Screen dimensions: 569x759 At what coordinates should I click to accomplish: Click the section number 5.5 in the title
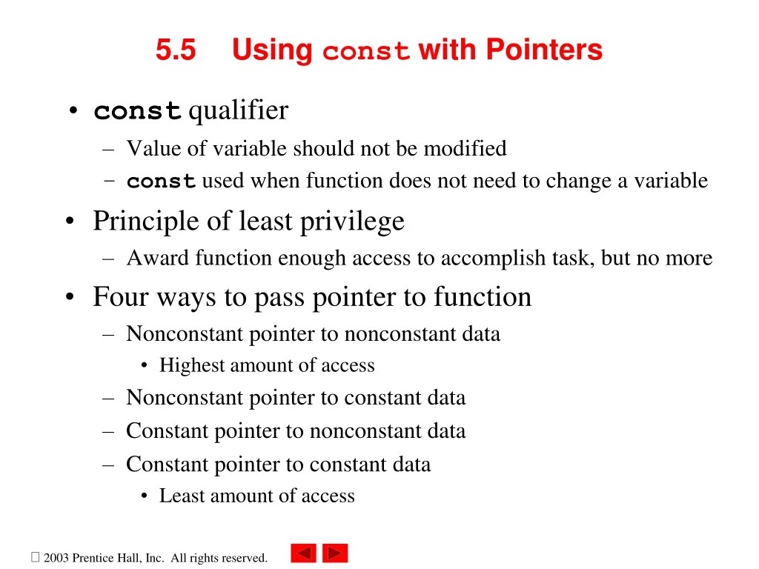tap(176, 50)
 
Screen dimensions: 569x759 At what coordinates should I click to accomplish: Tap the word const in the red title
tap(366, 52)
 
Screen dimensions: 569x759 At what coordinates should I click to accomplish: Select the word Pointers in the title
tap(544, 50)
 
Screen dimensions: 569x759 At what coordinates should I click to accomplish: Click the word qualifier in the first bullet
tap(238, 111)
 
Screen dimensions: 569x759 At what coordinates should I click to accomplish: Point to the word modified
tap(465, 148)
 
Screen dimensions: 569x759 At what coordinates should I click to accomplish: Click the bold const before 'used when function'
tap(161, 182)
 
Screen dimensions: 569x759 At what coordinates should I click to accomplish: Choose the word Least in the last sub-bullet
tap(180, 496)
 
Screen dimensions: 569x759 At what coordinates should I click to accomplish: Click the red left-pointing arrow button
tap(303, 553)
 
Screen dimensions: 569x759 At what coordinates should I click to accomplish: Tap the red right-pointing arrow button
tap(335, 553)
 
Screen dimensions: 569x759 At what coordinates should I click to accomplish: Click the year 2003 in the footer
tap(56, 558)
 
